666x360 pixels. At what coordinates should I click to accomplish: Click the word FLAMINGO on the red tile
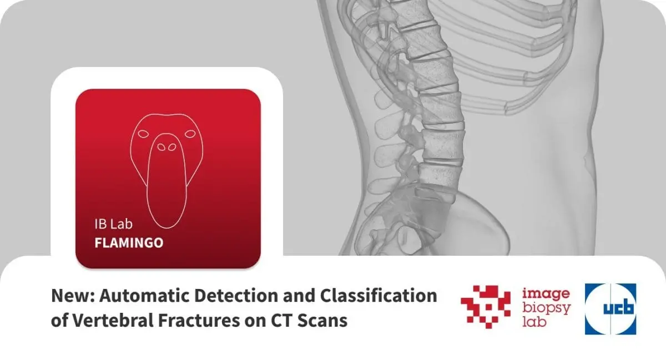click(129, 243)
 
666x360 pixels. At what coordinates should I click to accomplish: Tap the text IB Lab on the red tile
click(114, 224)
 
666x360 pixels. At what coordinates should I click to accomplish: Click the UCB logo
click(610, 309)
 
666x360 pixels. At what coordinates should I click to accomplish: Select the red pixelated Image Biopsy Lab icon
click(486, 307)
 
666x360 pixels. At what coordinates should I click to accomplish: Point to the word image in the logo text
click(546, 294)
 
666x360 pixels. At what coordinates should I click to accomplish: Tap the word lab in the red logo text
click(534, 322)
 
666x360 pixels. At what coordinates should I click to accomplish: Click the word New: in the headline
click(73, 296)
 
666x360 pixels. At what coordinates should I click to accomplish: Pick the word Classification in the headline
click(379, 296)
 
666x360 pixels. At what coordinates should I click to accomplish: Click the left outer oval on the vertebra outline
click(143, 134)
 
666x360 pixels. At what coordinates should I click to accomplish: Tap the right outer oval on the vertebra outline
click(190, 134)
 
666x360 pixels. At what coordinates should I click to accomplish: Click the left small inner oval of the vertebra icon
click(161, 147)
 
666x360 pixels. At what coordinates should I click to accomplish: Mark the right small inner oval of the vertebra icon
click(172, 147)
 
